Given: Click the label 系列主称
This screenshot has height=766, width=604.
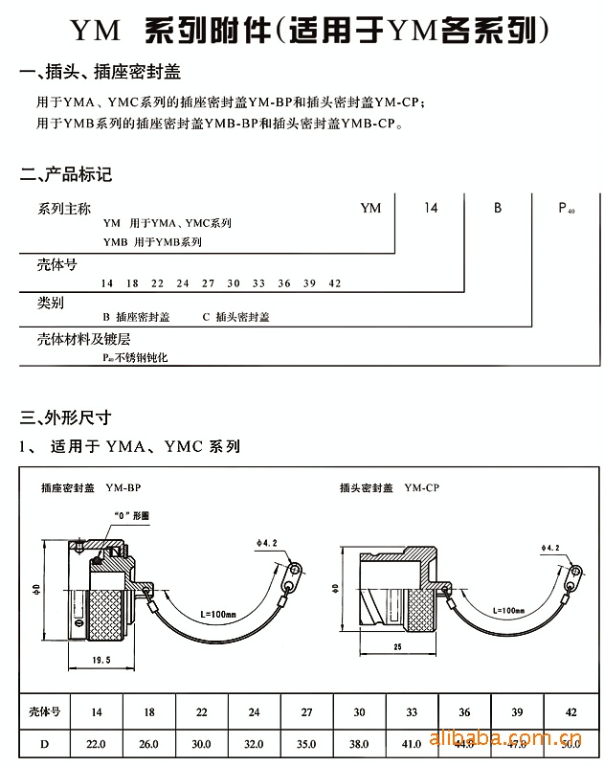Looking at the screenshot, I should pyautogui.click(x=64, y=209).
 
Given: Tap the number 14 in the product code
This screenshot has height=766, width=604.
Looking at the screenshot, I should pyautogui.click(x=431, y=208).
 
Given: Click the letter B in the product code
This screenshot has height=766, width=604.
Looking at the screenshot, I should pyautogui.click(x=497, y=208).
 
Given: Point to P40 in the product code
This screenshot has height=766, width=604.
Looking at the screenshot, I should pyautogui.click(x=566, y=209).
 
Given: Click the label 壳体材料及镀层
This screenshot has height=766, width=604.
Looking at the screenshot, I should pyautogui.click(x=83, y=339).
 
